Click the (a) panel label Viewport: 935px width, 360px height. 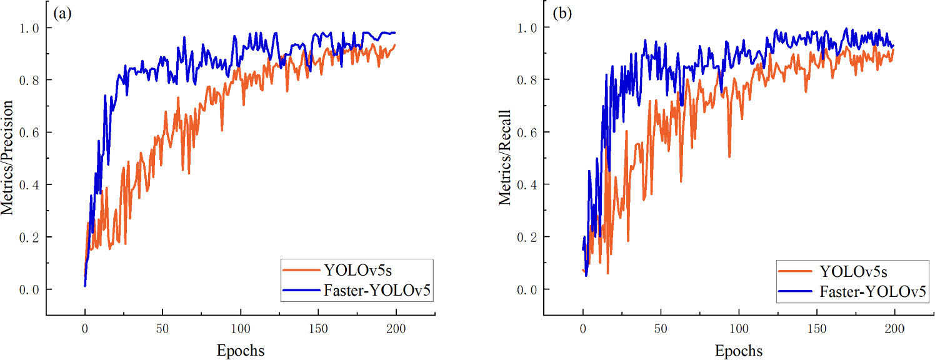63,13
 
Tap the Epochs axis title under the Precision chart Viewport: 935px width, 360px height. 241,351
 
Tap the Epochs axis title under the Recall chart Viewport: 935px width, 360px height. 739,351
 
